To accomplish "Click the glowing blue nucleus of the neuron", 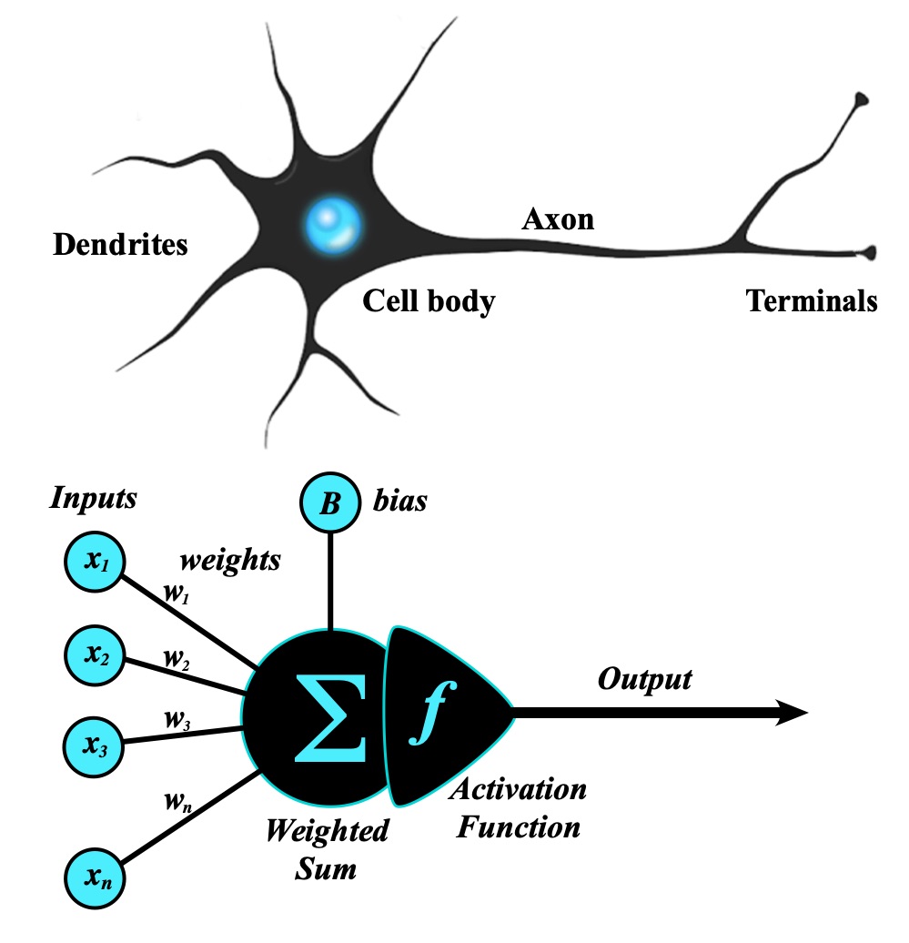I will [x=333, y=221].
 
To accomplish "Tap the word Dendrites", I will [x=120, y=245].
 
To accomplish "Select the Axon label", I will [x=557, y=218].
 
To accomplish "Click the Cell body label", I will [x=429, y=300].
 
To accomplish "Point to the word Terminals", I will [x=812, y=300].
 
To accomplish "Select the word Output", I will [x=644, y=679].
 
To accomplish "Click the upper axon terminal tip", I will [x=860, y=101].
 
